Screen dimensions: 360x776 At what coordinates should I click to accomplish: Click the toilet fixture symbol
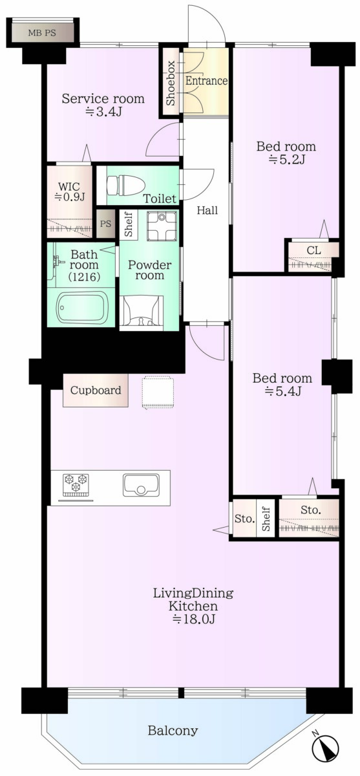pyautogui.click(x=125, y=186)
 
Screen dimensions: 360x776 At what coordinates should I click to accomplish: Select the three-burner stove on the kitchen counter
pyautogui.click(x=75, y=482)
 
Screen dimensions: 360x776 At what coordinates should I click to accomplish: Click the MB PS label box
pyautogui.click(x=42, y=33)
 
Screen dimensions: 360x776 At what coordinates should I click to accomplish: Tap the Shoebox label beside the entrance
pyautogui.click(x=171, y=83)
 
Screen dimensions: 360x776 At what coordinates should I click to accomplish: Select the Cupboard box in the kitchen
pyautogui.click(x=96, y=390)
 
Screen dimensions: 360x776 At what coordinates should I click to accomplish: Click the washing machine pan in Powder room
pyautogui.click(x=162, y=226)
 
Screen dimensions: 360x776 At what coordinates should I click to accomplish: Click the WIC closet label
pyautogui.click(x=69, y=191)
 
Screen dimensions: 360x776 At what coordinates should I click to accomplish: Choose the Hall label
pyautogui.click(x=207, y=210)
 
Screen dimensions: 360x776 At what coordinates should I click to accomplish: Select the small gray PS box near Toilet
pyautogui.click(x=105, y=224)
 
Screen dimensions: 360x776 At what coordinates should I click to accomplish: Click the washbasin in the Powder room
pyautogui.click(x=142, y=311)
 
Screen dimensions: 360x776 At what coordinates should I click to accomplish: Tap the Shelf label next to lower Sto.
pyautogui.click(x=266, y=518)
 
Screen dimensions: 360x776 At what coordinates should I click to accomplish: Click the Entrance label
pyautogui.click(x=206, y=81)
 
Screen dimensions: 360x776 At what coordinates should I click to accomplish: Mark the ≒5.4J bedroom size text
pyautogui.click(x=282, y=391)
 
